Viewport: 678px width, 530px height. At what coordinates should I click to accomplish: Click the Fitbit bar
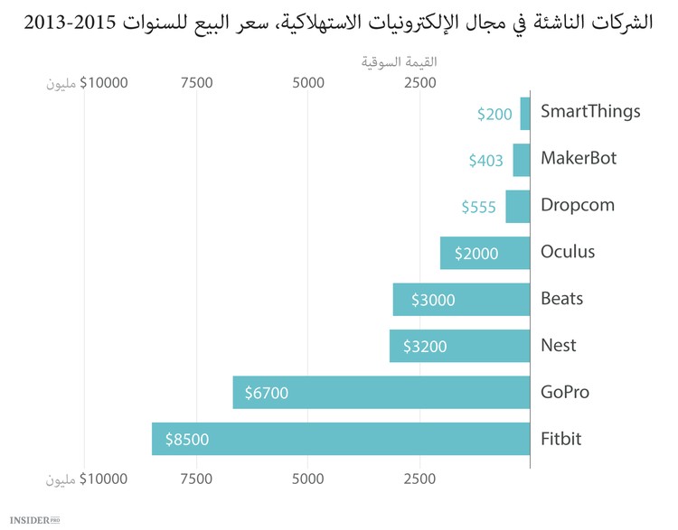341,440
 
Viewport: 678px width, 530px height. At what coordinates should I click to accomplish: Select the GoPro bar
381,393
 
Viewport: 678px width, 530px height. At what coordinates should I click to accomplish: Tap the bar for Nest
459,346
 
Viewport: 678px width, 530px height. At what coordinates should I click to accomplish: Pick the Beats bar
461,299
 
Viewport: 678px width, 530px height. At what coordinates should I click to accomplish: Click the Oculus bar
485,253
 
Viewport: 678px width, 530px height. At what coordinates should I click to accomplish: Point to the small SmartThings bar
524,113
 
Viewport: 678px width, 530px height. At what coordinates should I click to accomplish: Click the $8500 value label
187,440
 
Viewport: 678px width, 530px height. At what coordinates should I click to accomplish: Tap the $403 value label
485,160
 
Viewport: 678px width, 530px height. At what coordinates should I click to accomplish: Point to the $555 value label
478,207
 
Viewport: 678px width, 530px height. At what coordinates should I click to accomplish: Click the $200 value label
494,114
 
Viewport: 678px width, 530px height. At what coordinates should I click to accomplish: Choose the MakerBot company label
578,159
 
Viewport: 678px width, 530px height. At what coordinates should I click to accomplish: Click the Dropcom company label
577,206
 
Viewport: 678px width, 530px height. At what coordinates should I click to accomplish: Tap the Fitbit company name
560,440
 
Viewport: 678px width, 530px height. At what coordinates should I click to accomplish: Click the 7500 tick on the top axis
196,83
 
